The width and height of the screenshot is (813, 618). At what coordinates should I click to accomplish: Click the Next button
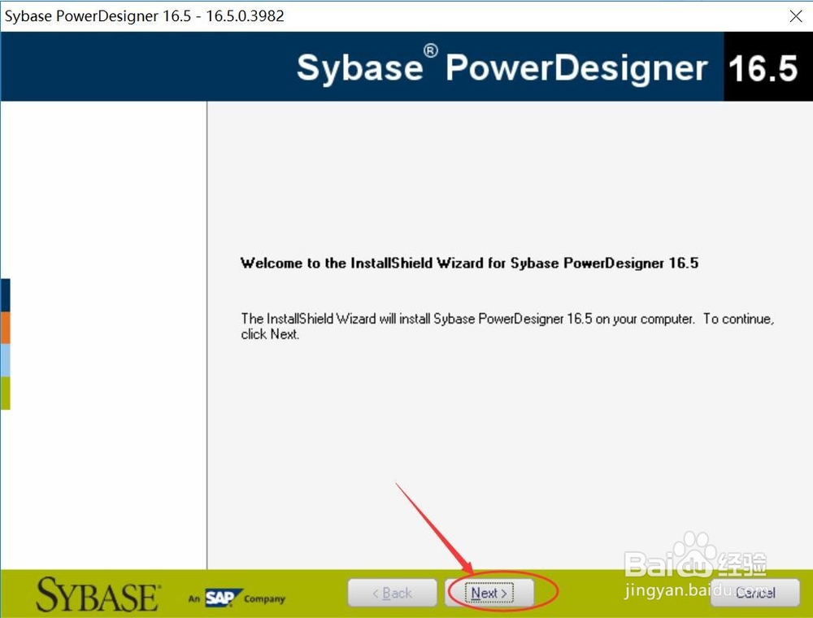(x=489, y=593)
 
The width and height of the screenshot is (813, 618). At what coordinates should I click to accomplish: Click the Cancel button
(x=755, y=593)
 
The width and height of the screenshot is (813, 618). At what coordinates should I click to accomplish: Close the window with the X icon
(x=796, y=16)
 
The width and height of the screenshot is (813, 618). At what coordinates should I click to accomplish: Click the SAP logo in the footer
(x=223, y=598)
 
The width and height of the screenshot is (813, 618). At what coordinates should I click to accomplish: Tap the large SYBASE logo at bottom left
(x=98, y=595)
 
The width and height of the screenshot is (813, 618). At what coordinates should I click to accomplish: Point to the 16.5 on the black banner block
(x=763, y=68)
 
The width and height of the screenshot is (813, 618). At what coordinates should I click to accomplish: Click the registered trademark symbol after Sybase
(x=430, y=50)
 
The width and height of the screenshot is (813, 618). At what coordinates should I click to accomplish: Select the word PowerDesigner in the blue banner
(x=576, y=68)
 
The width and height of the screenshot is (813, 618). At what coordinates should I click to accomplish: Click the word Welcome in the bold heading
(x=272, y=263)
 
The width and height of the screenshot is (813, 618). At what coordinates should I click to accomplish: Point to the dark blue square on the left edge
(x=5, y=295)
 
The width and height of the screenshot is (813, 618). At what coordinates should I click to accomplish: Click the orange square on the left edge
(x=5, y=328)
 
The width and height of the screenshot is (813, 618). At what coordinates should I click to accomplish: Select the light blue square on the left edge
(x=5, y=360)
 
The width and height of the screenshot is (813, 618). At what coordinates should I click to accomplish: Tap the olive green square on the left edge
(x=5, y=393)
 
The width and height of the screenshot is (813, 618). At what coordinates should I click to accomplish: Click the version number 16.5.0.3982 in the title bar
(x=245, y=16)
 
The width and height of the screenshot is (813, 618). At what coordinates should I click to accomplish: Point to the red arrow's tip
(x=473, y=573)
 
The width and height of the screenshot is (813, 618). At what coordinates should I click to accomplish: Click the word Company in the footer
(x=264, y=598)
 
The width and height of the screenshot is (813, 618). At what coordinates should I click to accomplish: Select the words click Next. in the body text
(x=270, y=334)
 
